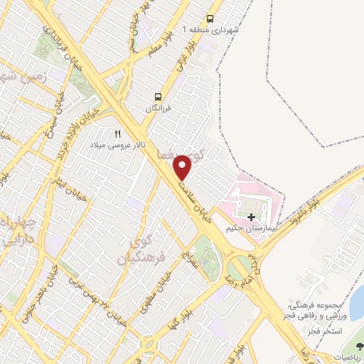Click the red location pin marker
pos(183,167)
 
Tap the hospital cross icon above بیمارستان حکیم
pos(252,215)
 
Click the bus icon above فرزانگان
pos(159,97)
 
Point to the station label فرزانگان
pos(159,108)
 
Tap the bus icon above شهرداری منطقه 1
pos(210,19)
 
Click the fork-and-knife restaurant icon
pos(118,134)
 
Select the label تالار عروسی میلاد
pos(121,146)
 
